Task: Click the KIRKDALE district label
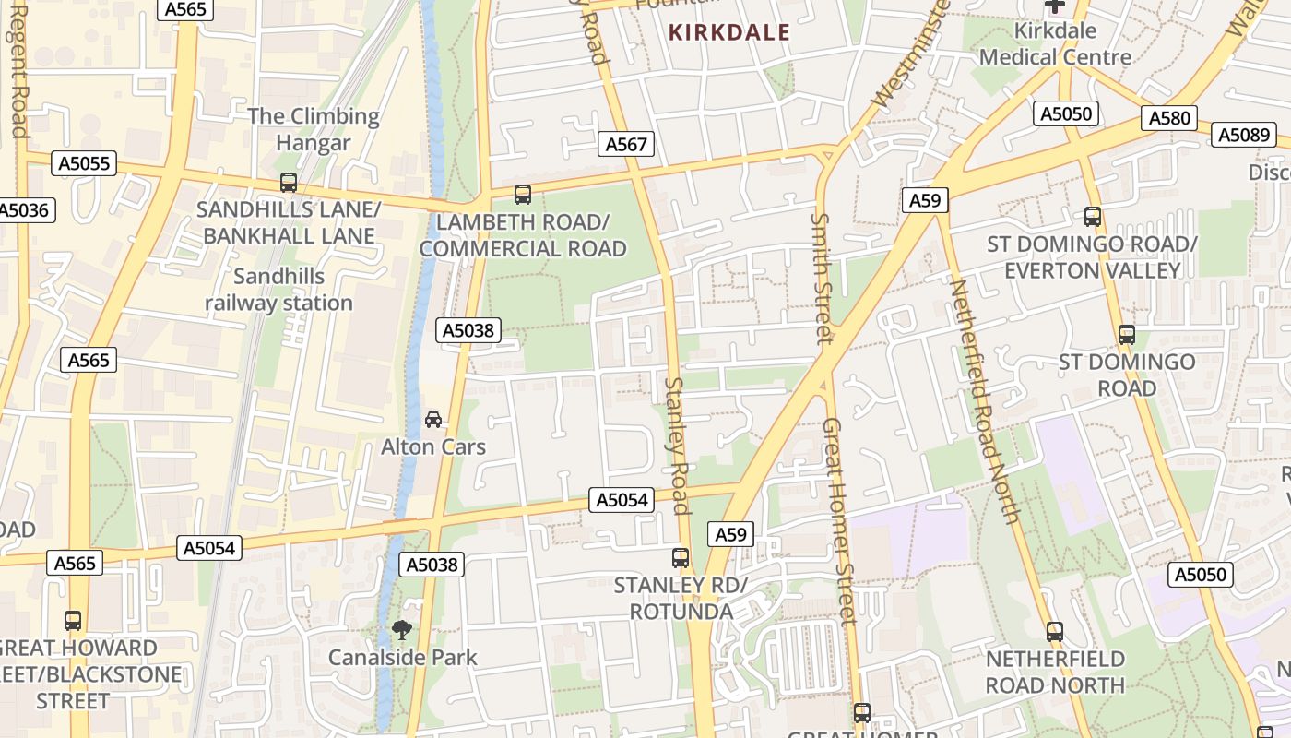pos(729,33)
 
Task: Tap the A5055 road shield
pos(84,164)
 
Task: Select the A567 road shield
pos(626,144)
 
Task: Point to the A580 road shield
pos(1169,118)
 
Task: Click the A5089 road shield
pos(1244,136)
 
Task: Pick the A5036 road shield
pos(24,210)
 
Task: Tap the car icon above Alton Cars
pos(432,420)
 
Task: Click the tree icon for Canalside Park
pos(401,630)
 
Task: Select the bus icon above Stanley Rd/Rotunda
pos(681,558)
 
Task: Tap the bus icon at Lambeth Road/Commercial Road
pos(523,195)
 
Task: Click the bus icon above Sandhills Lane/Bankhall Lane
pos(289,183)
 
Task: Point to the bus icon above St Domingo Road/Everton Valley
pos(1093,217)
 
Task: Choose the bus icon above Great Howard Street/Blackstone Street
pos(73,621)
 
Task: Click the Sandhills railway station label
pos(278,290)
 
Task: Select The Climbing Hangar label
pos(314,129)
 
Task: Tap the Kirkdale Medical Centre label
pos(1055,43)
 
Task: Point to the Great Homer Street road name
pos(840,521)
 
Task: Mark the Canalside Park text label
pos(403,658)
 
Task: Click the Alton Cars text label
pos(433,446)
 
